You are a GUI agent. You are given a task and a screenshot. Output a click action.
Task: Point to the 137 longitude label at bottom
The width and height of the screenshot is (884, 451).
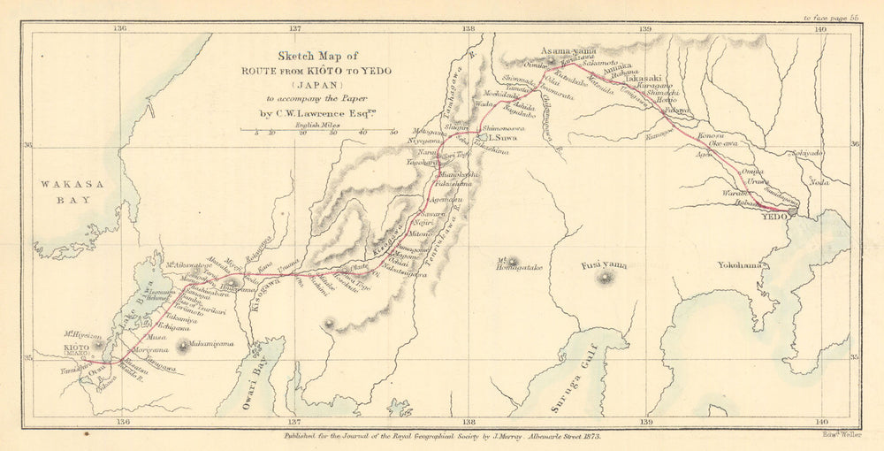tap(294, 422)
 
